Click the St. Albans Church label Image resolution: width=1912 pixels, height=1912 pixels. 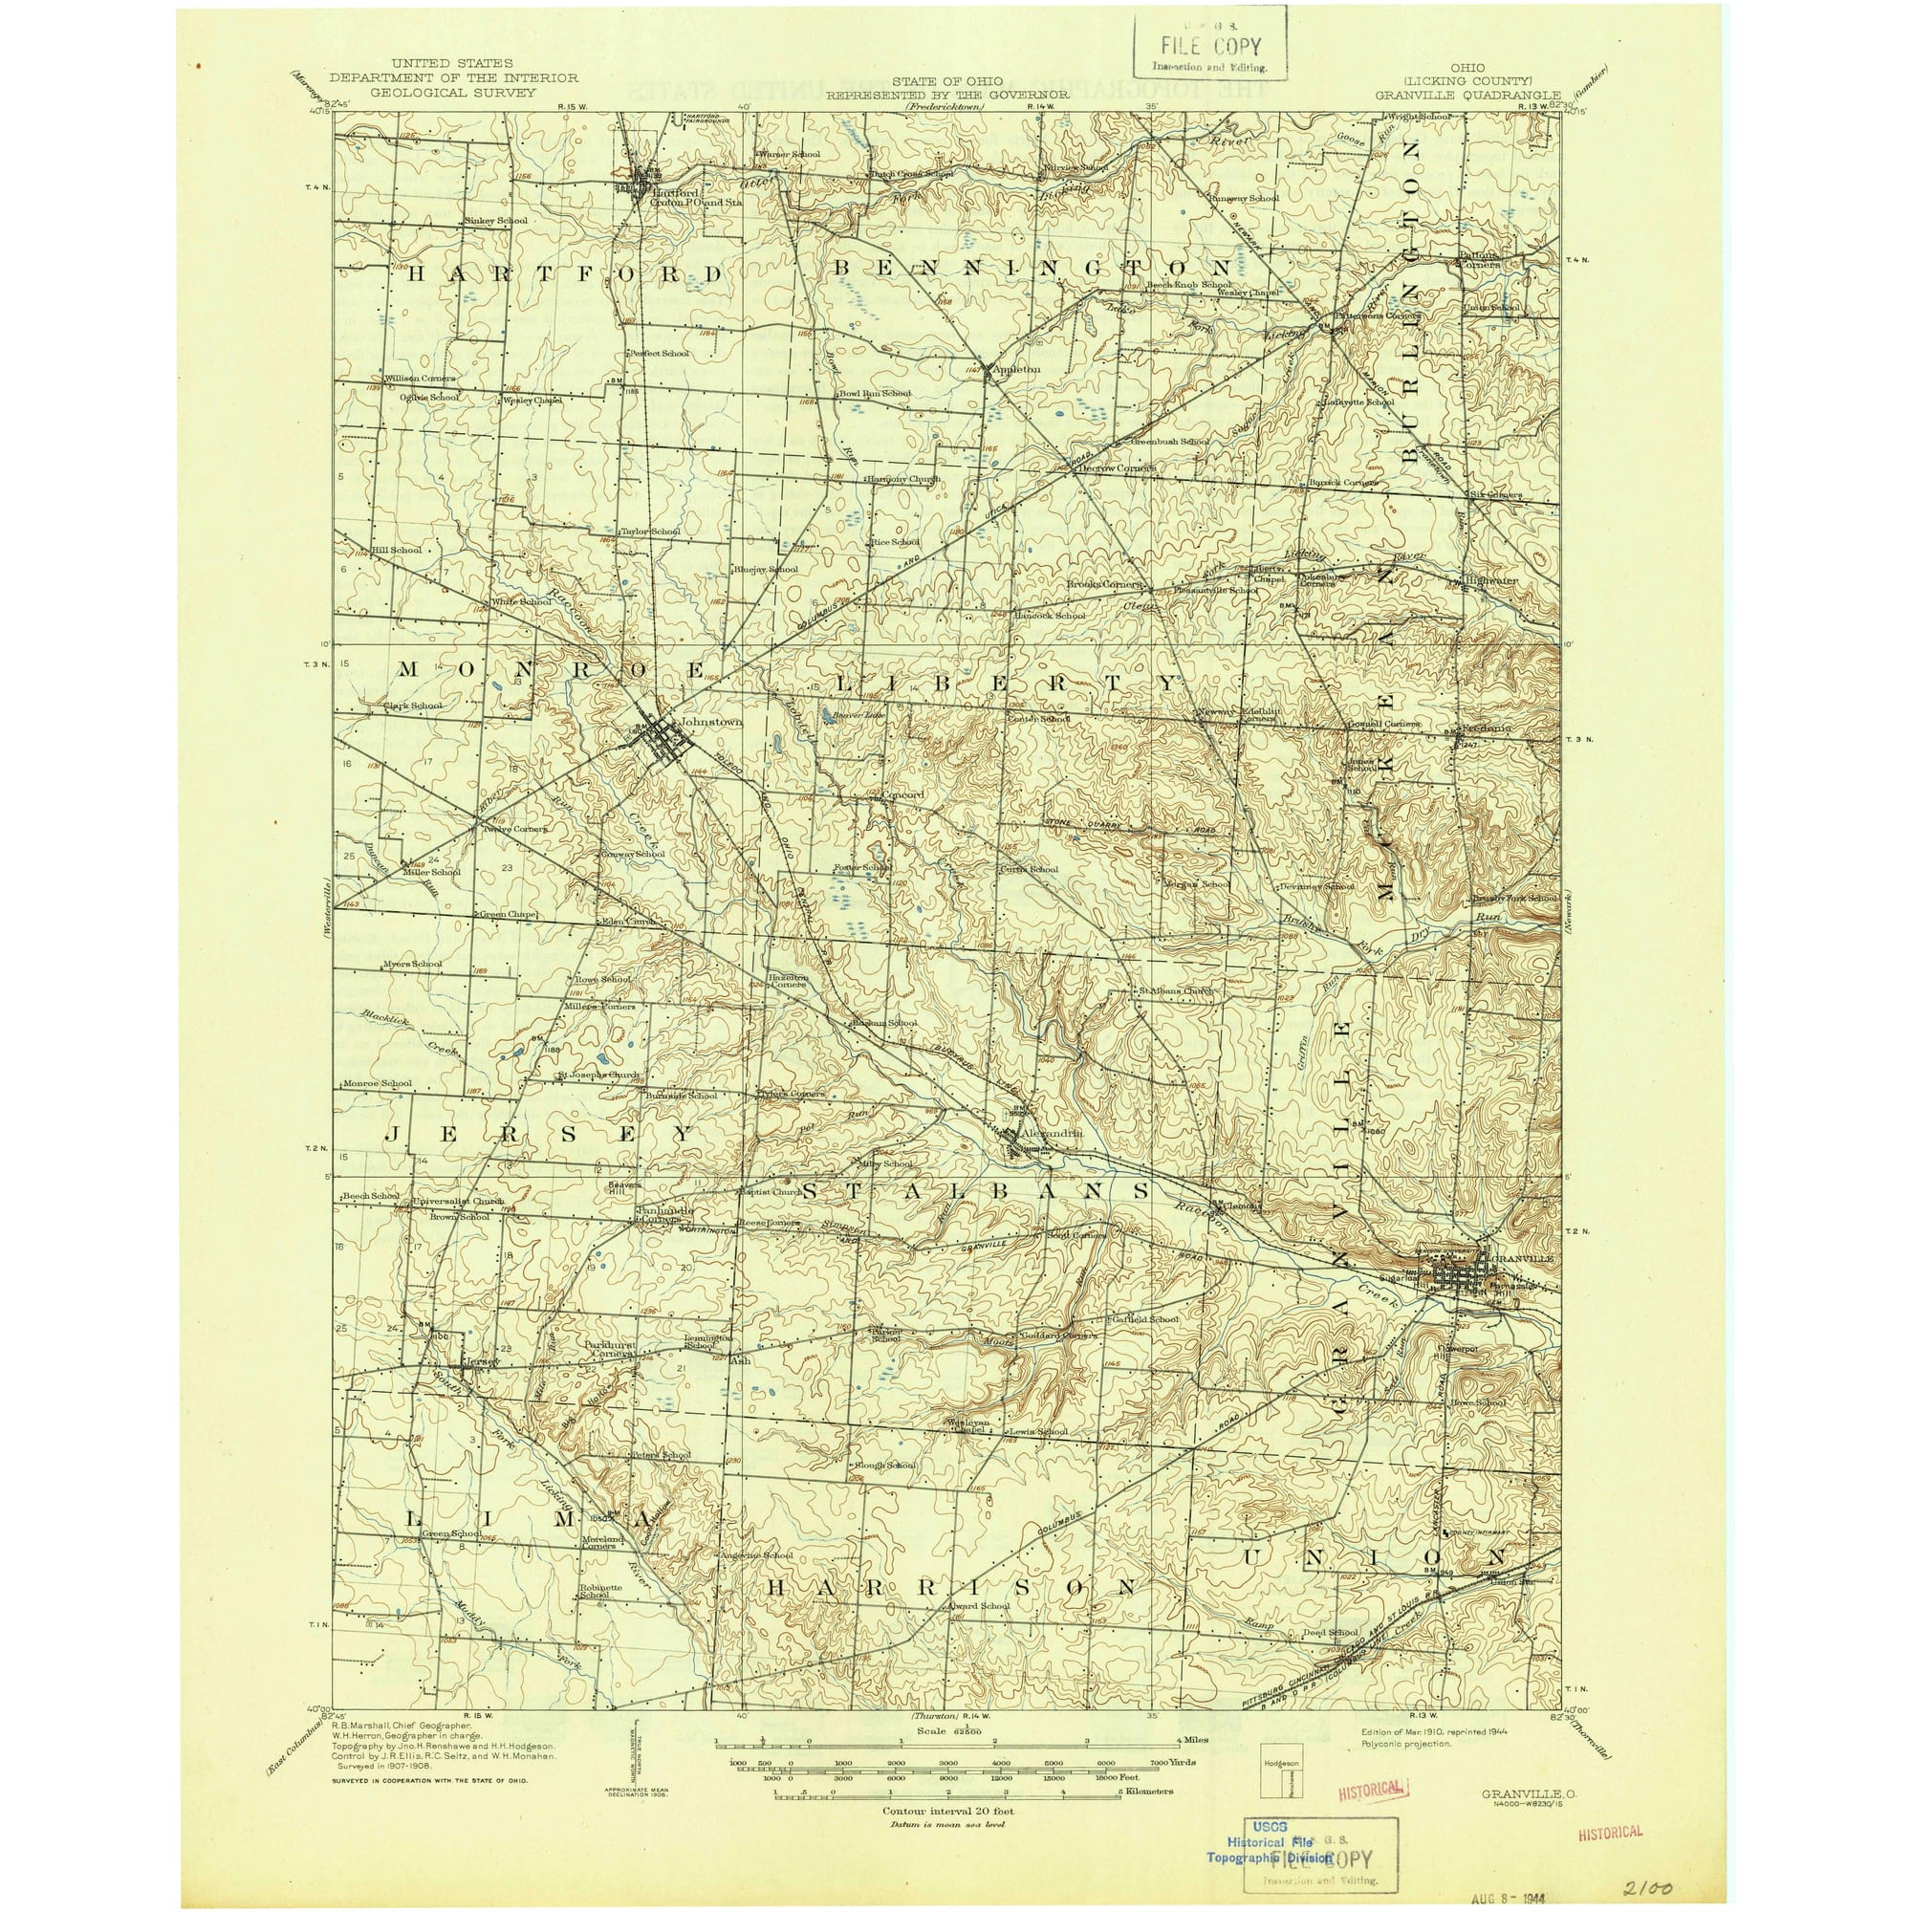click(x=1175, y=990)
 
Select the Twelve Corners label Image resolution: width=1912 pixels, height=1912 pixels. click(x=514, y=829)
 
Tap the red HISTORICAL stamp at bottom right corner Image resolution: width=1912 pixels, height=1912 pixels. click(x=1609, y=1804)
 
